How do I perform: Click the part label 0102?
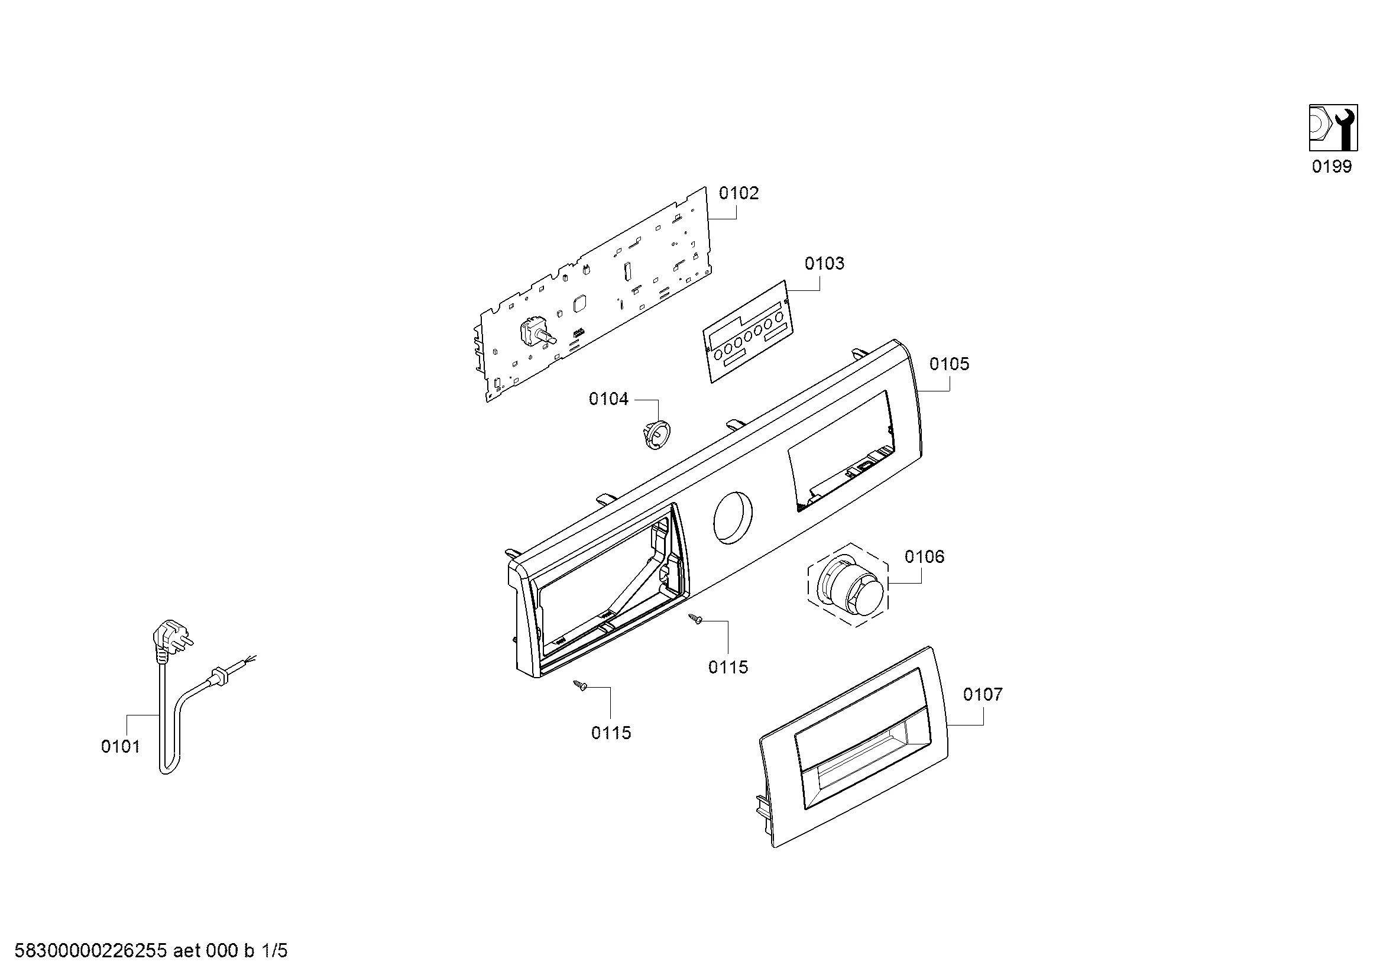(739, 193)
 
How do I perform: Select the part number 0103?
(824, 263)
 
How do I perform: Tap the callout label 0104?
(608, 399)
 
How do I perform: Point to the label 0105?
(950, 364)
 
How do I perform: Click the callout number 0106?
(924, 556)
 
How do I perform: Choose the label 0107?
(983, 694)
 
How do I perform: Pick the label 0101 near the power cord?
(121, 747)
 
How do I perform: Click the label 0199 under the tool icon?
(1332, 166)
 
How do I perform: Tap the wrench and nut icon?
(1332, 128)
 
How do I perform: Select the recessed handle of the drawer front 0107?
(861, 759)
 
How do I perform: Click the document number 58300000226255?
(90, 951)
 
